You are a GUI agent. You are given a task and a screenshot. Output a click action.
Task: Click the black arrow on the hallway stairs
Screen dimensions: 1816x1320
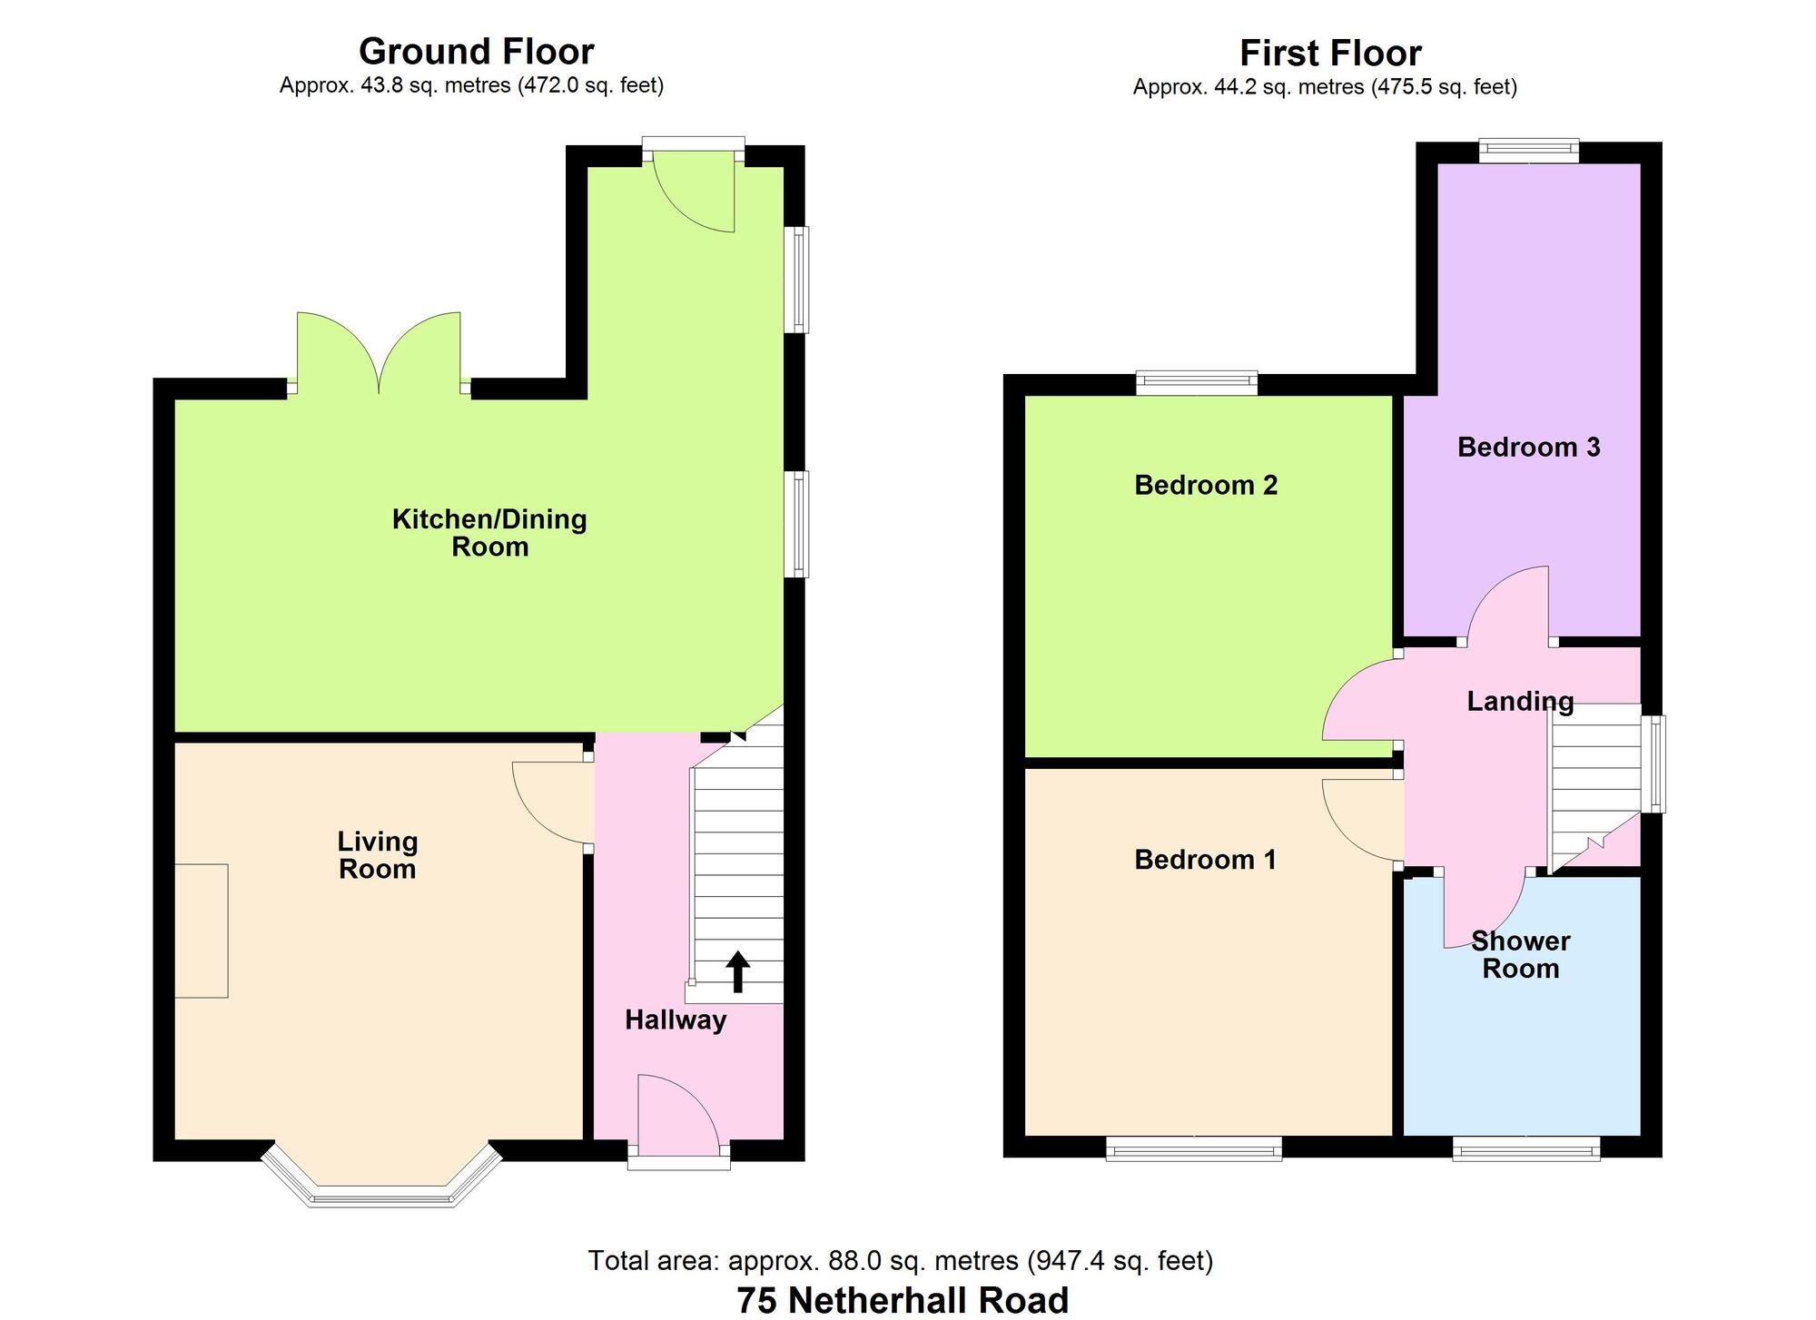coord(737,971)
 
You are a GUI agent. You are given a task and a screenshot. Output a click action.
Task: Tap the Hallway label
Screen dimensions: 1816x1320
coord(676,1020)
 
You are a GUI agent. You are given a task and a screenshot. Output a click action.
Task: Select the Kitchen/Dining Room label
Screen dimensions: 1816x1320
coord(489,533)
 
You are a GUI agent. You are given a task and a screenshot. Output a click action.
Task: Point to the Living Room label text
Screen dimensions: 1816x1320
coord(378,855)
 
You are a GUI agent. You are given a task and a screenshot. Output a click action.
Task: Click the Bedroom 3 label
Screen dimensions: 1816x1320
coord(1528,447)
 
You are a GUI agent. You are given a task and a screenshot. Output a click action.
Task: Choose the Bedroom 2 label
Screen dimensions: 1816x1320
coord(1206,485)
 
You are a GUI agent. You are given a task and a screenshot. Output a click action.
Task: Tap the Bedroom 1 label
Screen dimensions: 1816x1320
coord(1205,859)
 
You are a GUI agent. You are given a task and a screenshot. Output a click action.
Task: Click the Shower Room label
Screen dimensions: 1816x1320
coord(1521,955)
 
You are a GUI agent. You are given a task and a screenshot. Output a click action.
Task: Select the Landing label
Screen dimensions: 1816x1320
coord(1520,701)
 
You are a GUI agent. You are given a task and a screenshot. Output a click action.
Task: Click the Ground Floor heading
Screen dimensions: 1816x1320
coord(477,51)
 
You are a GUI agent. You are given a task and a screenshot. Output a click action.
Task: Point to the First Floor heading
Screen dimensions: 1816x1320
coord(1330,53)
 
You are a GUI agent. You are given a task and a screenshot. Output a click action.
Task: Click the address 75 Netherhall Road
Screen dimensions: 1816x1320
coord(903,1300)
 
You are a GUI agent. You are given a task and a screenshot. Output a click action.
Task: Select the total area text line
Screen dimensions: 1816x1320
coord(901,1260)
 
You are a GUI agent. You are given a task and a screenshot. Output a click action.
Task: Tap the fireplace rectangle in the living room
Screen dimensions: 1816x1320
coord(201,931)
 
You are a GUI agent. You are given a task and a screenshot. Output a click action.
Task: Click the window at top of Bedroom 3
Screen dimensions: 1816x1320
coord(1529,151)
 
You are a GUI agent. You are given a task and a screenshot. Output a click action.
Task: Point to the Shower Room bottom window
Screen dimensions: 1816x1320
coord(1526,1149)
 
